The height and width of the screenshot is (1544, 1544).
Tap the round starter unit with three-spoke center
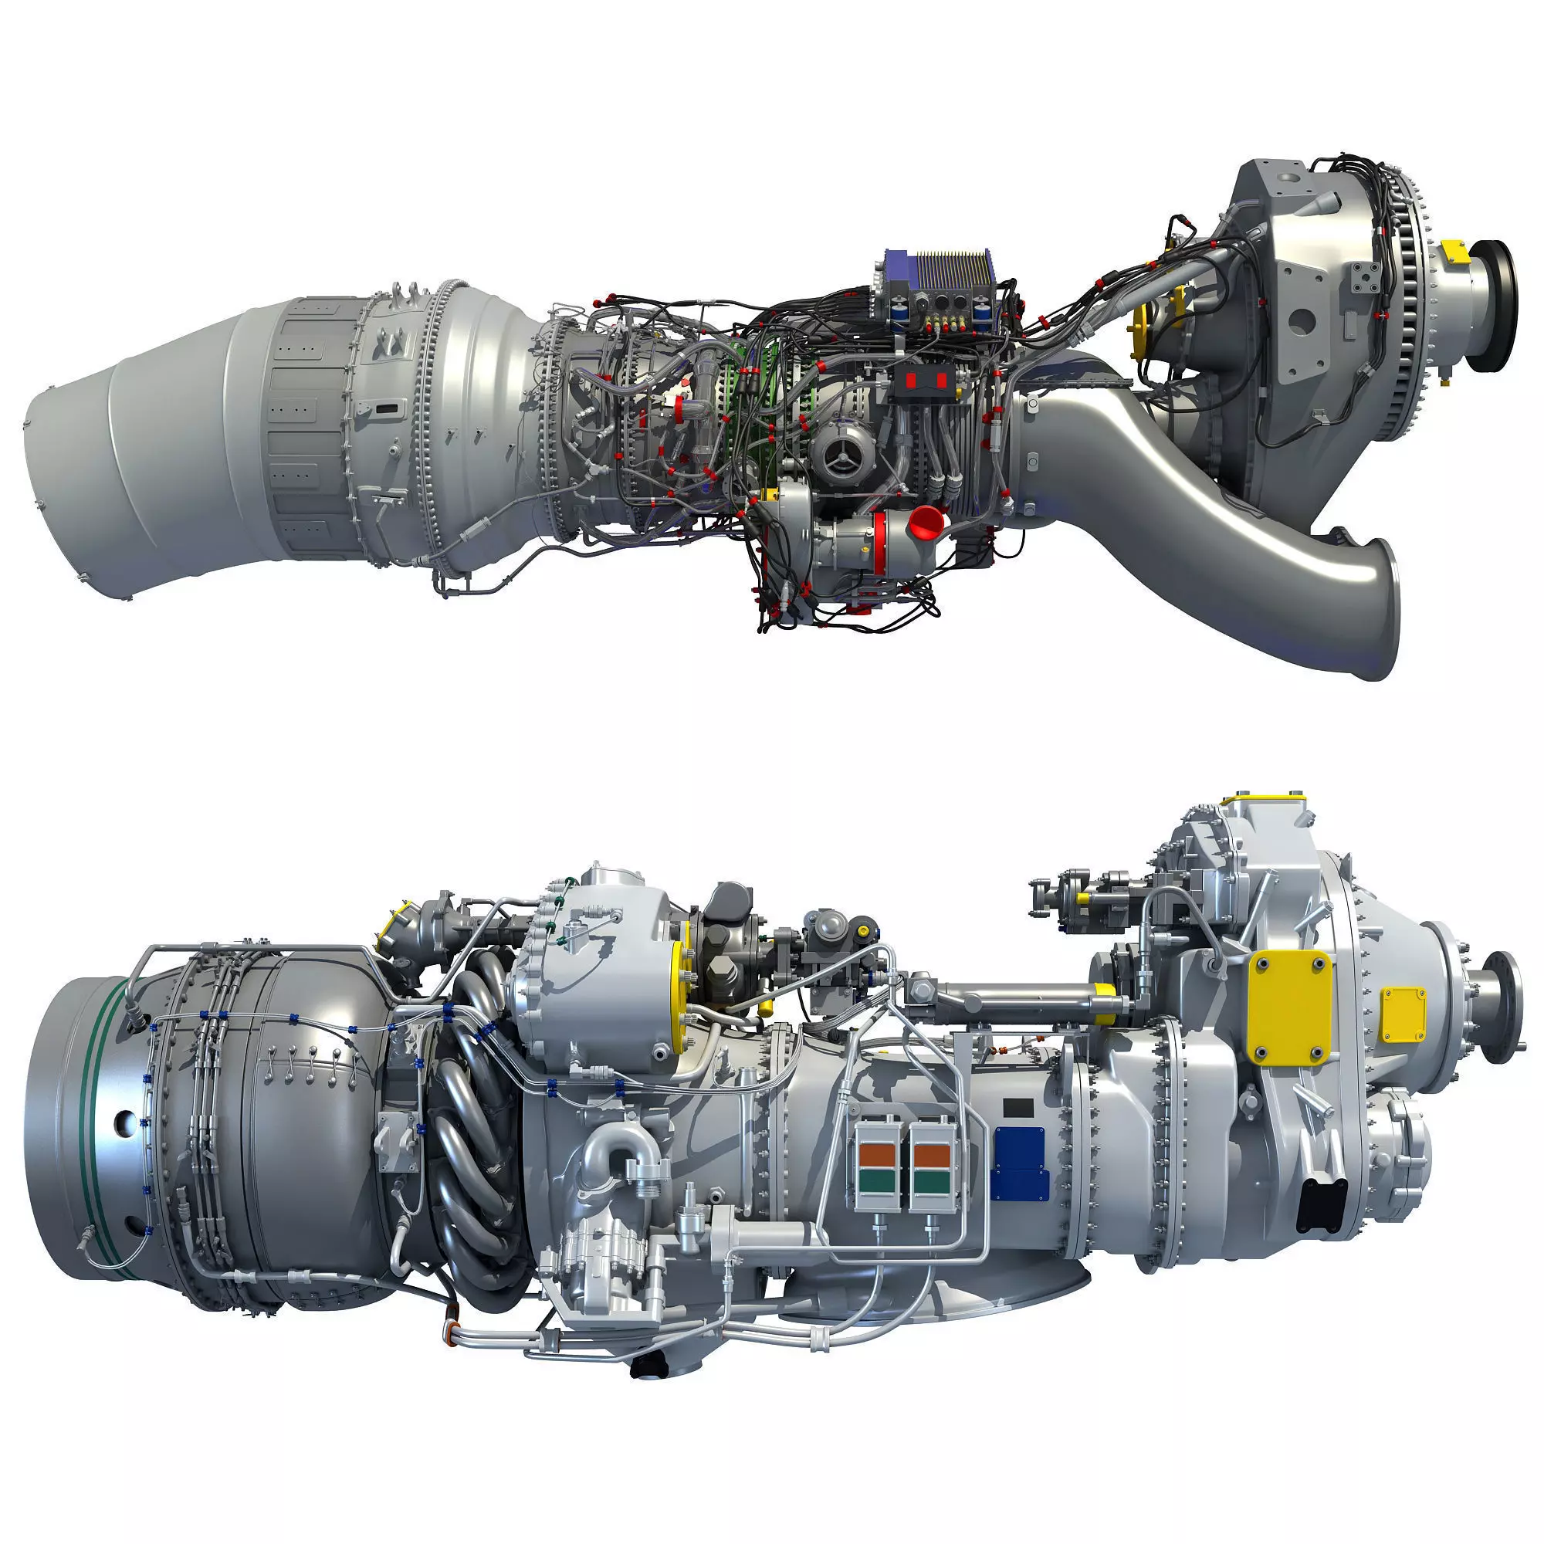pos(842,453)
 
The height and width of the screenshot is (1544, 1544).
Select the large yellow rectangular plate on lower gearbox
pos(1289,1007)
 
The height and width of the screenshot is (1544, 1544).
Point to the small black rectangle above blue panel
pos(1017,1108)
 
